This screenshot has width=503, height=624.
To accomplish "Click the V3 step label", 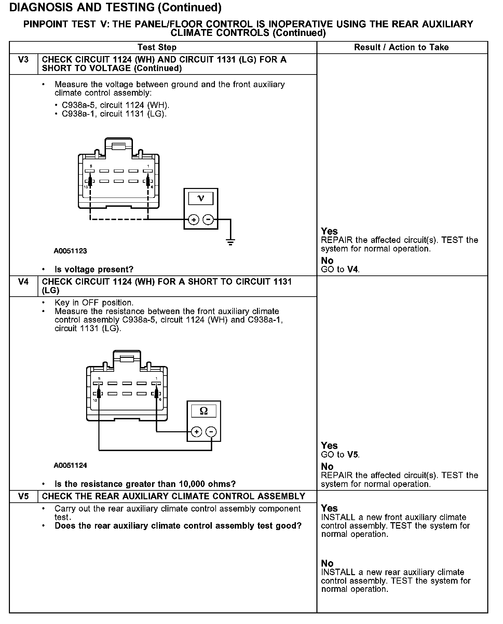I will tap(23, 60).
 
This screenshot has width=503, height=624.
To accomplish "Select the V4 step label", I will tap(23, 282).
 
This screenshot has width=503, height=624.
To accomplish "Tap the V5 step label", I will tap(23, 497).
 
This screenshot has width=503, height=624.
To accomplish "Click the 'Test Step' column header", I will tap(157, 48).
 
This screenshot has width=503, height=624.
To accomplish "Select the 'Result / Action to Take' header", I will tap(401, 48).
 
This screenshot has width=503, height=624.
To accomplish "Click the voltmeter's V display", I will tap(201, 199).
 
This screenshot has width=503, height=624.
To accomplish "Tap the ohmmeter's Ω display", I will tap(204, 411).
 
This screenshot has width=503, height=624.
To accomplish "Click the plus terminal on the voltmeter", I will tap(193, 220).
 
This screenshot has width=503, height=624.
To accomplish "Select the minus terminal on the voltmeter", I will tap(208, 220).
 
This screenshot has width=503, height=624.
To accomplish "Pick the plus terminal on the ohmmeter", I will tap(196, 432).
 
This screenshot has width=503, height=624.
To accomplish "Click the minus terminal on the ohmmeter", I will tap(212, 432).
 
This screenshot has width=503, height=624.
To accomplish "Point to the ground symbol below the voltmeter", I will tap(231, 243).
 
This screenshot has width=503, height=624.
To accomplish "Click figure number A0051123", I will tap(70, 251).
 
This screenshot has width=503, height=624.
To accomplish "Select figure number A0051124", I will tap(70, 465).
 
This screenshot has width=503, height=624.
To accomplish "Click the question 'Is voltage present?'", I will tap(94, 270).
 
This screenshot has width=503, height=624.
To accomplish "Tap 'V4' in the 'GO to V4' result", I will tap(353, 270).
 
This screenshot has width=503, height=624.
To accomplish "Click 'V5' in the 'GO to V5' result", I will tap(353, 455).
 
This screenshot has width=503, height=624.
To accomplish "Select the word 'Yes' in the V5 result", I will tap(329, 508).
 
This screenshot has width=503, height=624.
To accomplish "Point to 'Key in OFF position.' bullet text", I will tap(94, 303).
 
